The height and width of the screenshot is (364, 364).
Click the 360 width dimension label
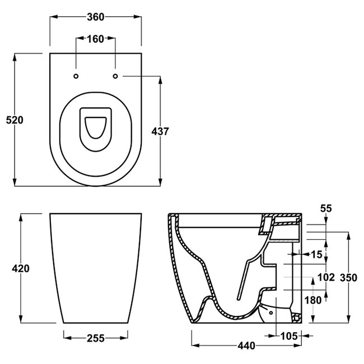tap(96, 17)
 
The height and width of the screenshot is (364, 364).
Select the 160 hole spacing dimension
tap(96, 39)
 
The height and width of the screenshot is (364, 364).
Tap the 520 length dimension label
tap(13, 120)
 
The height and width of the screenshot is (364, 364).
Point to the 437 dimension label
tap(160, 131)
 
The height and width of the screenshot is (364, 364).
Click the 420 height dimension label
tap(20, 268)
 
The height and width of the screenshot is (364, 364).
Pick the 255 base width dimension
tap(96, 338)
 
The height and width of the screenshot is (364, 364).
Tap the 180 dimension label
tap(313, 300)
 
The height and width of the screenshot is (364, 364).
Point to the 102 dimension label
tap(325, 277)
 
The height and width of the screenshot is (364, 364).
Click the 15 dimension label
tap(316, 254)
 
